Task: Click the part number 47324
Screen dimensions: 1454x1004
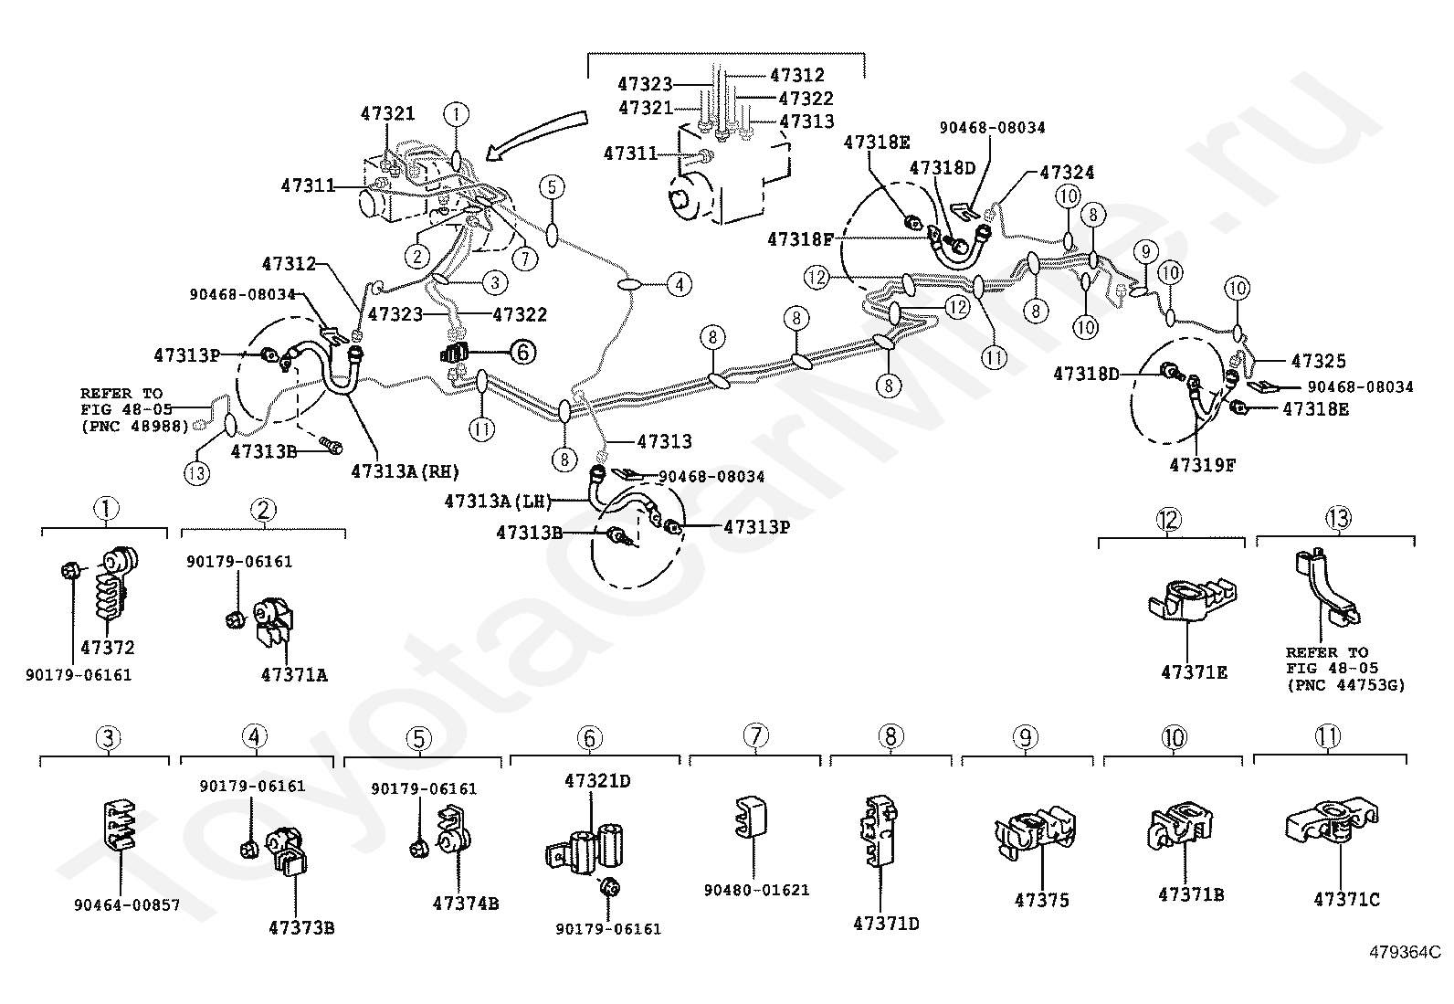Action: click(1067, 172)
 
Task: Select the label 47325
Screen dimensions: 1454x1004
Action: click(1318, 361)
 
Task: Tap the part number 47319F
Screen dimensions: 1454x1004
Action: click(1202, 465)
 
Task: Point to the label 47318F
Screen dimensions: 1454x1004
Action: click(800, 239)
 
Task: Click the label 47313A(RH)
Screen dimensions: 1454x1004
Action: click(405, 471)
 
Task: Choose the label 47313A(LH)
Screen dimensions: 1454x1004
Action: click(498, 502)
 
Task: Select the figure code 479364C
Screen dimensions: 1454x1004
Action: click(1405, 953)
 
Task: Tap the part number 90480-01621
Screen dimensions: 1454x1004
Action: click(757, 890)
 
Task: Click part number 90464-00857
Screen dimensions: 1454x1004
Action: click(127, 904)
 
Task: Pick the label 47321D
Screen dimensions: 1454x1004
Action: click(597, 780)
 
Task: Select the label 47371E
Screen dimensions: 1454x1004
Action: click(1195, 672)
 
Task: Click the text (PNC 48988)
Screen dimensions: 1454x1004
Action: click(134, 426)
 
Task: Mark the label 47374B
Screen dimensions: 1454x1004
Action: click(466, 904)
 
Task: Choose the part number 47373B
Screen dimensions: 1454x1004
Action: click(301, 928)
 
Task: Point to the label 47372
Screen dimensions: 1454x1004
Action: click(108, 648)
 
